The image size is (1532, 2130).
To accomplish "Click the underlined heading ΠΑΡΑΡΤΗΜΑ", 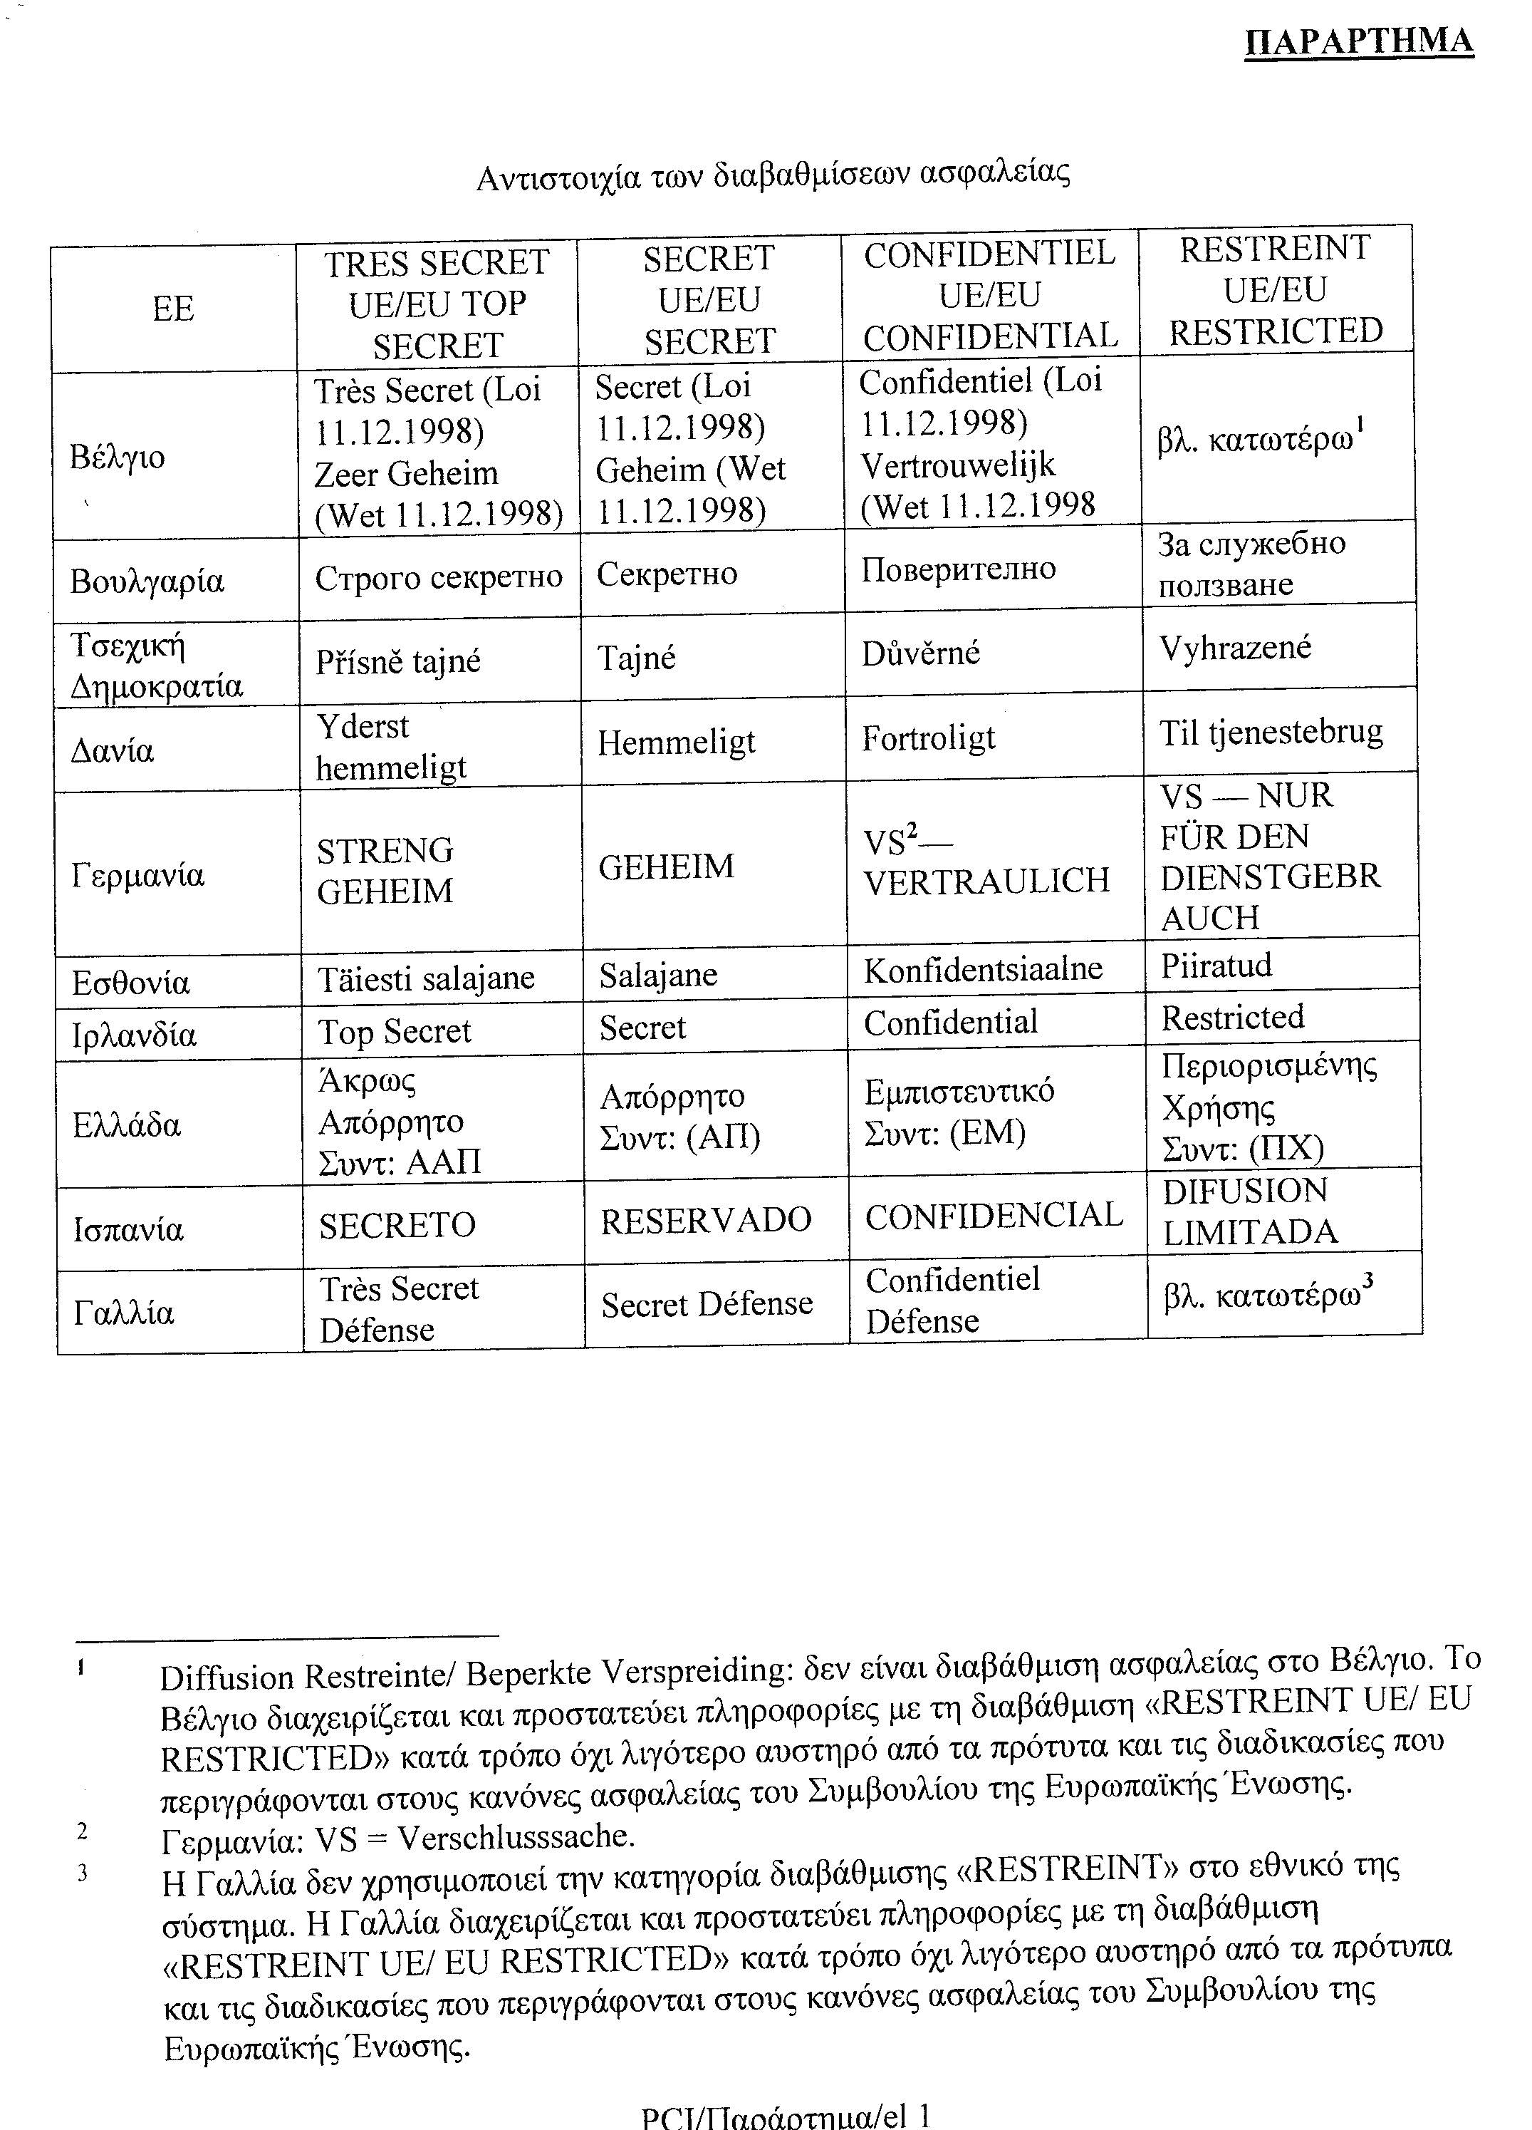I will point(1358,42).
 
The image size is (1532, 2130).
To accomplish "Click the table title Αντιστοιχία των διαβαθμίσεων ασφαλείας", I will point(773,175).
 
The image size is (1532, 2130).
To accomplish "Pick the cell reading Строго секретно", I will point(439,577).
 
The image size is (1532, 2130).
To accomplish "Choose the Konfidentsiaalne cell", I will point(983,969).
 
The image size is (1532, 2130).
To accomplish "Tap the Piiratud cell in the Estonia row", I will point(1216,966).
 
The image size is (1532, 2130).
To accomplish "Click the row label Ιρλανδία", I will point(134,1035).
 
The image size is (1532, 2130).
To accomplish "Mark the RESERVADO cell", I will point(706,1220).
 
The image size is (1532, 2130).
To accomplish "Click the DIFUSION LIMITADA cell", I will point(1249,1211).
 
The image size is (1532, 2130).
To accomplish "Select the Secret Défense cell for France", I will point(707,1303).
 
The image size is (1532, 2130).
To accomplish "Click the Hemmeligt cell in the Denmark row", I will point(677,743).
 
